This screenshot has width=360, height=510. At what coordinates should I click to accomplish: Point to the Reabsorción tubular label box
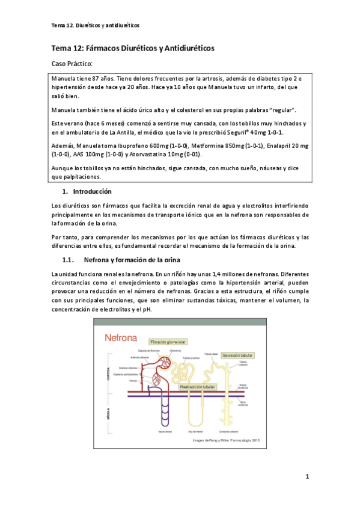[200, 387]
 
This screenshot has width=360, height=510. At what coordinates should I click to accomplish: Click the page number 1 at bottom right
[307, 478]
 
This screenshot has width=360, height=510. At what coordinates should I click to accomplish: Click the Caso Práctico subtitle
[72, 64]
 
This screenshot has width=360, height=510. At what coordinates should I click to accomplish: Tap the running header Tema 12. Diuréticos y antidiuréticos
[96, 26]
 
